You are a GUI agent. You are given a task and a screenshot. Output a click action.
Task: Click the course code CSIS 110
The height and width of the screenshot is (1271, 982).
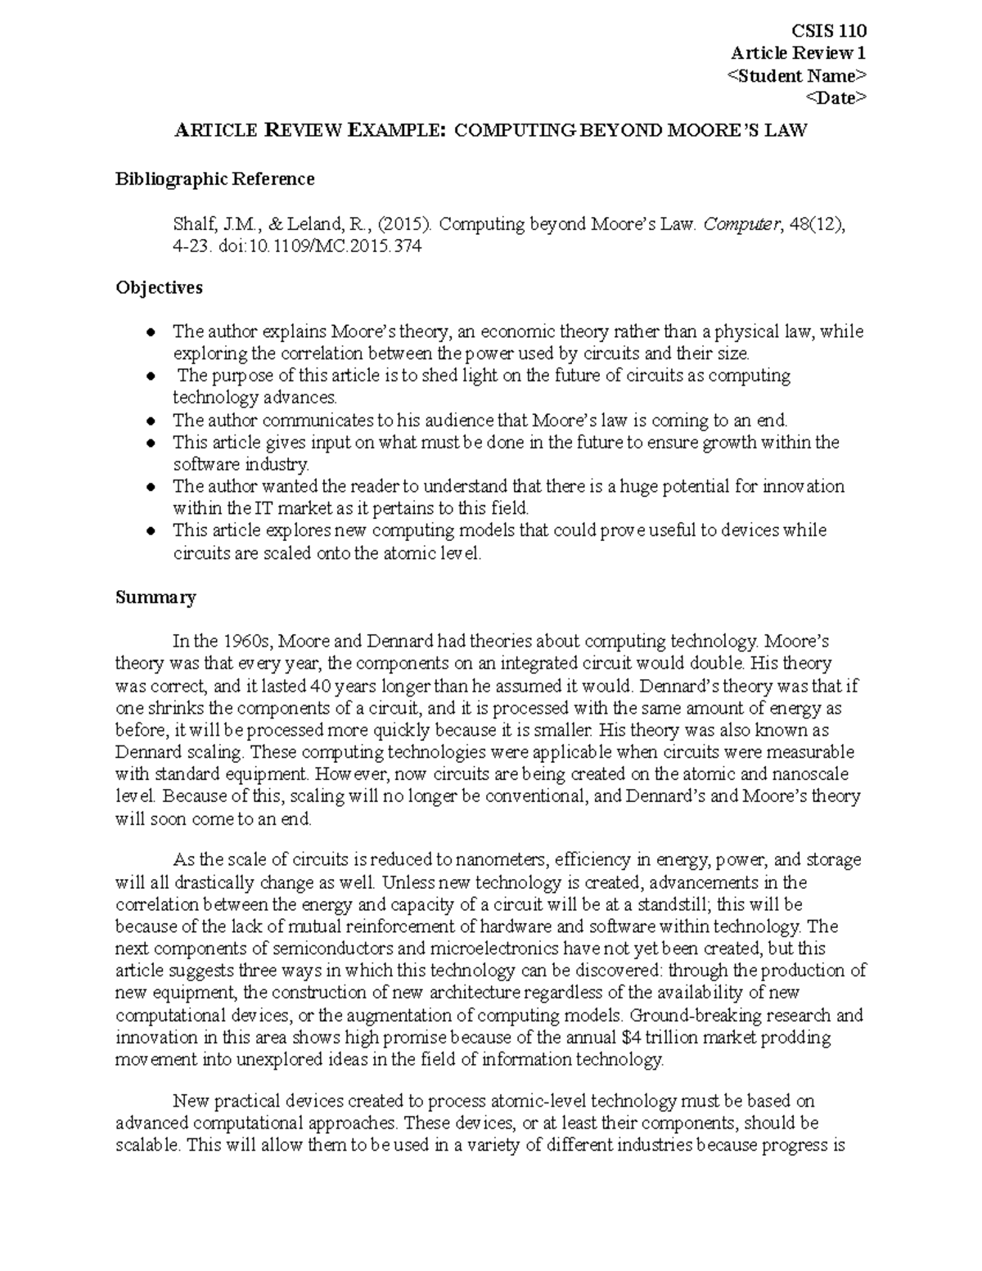829,31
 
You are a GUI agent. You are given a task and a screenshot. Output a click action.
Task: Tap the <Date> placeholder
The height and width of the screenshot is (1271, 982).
836,97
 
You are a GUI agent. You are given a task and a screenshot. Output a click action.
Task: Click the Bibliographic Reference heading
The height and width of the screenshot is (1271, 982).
214,178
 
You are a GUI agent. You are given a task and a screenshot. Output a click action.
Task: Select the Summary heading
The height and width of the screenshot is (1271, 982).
155,597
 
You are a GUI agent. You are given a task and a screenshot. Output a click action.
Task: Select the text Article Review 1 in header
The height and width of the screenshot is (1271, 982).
798,53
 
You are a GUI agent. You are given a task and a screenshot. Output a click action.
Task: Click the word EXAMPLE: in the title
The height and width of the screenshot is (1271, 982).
397,130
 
